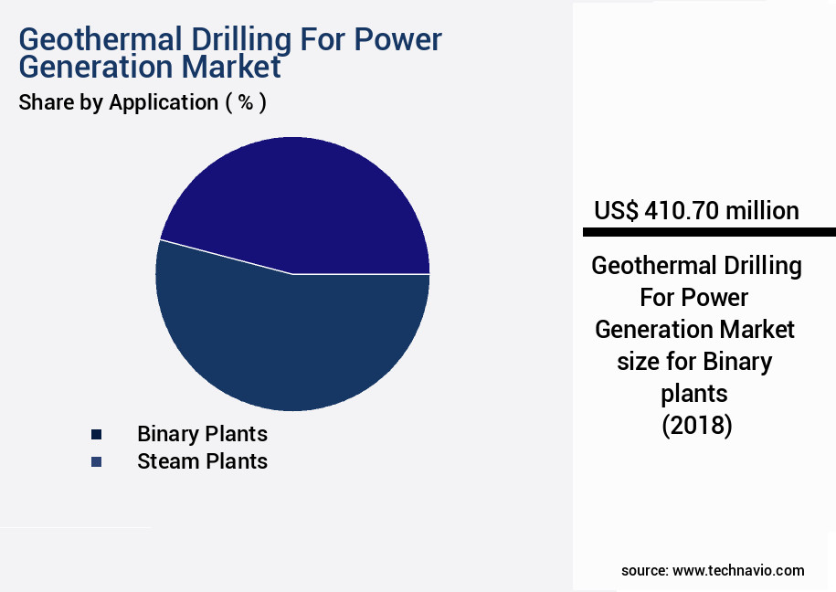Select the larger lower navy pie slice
coord(292,343)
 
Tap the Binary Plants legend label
coord(202,433)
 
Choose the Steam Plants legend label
coord(202,461)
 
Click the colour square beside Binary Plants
coord(96,434)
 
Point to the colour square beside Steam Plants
coord(96,462)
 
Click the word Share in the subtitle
coord(45,102)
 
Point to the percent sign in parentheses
coord(245,102)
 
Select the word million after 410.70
coord(762,211)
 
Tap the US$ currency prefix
coord(616,211)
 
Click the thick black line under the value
coord(704,232)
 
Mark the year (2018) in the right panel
coord(696,426)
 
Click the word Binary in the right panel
coord(737,361)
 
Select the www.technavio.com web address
coord(738,570)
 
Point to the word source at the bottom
coord(644,570)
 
